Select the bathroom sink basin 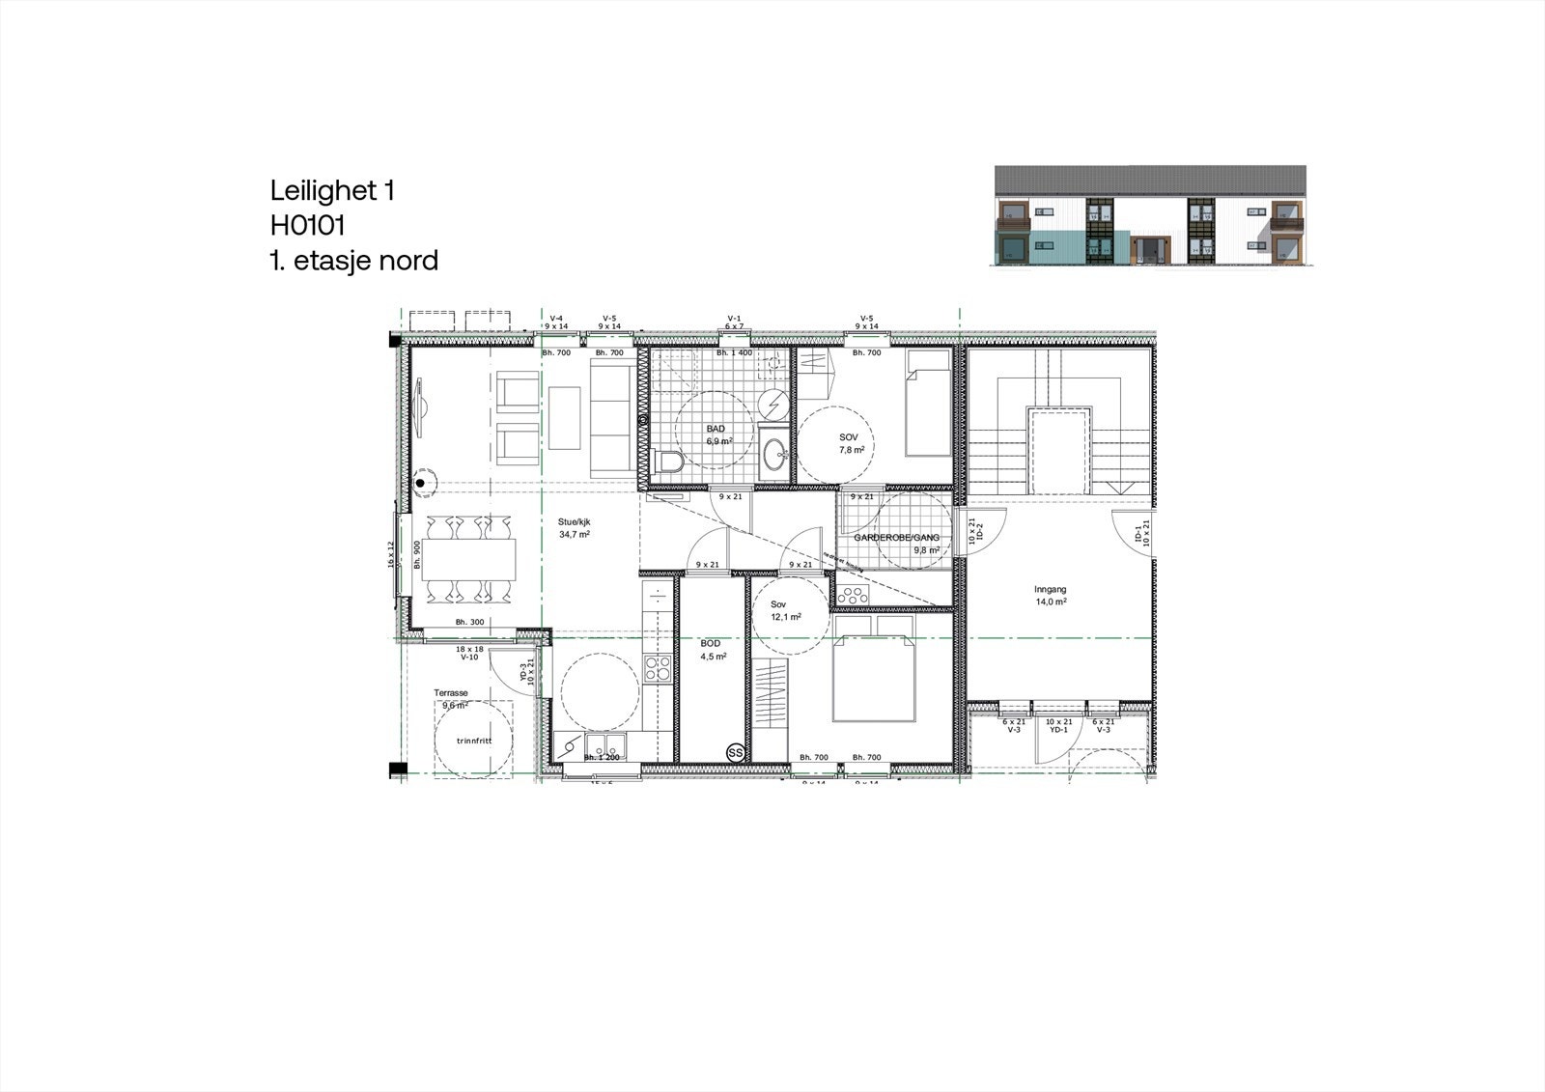(773, 452)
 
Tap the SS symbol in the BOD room (735, 751)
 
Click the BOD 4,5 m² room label (712, 649)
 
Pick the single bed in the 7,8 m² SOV (928, 404)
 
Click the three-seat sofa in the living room (609, 417)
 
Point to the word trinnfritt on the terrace (474, 741)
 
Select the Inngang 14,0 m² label (1051, 595)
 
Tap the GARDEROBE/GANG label (897, 538)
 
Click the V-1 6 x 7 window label (734, 322)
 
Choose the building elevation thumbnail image (1150, 215)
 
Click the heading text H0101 (308, 225)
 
